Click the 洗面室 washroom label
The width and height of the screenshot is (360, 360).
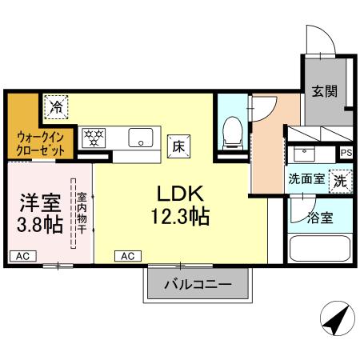click(x=306, y=179)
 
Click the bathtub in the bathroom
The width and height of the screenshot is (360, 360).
click(x=319, y=246)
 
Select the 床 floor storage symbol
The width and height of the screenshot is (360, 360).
click(x=179, y=146)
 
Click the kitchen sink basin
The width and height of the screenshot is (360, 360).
click(x=141, y=137)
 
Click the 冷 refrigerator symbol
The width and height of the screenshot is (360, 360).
click(x=56, y=106)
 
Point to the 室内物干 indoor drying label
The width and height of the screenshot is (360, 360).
click(x=82, y=211)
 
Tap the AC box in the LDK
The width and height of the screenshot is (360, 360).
click(x=127, y=256)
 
